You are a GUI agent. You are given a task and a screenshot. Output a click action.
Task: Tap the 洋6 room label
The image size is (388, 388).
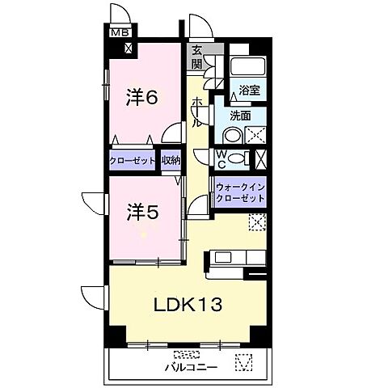141,98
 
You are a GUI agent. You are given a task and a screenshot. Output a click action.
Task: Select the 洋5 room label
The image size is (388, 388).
141,213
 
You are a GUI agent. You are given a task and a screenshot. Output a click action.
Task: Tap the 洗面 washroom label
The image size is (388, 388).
239,116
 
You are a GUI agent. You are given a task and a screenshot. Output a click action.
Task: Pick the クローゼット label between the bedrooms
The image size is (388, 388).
132,161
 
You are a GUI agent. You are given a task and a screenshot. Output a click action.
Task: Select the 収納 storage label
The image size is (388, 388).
170,161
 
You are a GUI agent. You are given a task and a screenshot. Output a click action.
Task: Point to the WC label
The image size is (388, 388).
221,157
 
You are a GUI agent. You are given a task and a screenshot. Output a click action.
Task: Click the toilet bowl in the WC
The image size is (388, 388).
237,158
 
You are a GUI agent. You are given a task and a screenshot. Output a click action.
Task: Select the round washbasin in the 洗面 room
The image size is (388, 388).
231,136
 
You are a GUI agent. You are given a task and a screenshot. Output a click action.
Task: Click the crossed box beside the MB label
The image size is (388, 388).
129,48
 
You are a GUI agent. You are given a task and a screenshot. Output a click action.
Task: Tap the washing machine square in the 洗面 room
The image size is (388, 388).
256,136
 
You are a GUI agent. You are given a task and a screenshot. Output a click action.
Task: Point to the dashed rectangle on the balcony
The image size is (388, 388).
186,354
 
